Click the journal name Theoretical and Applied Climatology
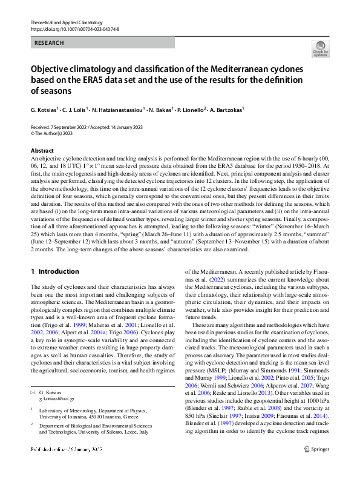[x=67, y=22]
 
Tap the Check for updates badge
[x=319, y=50]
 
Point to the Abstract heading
[x=42, y=150]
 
